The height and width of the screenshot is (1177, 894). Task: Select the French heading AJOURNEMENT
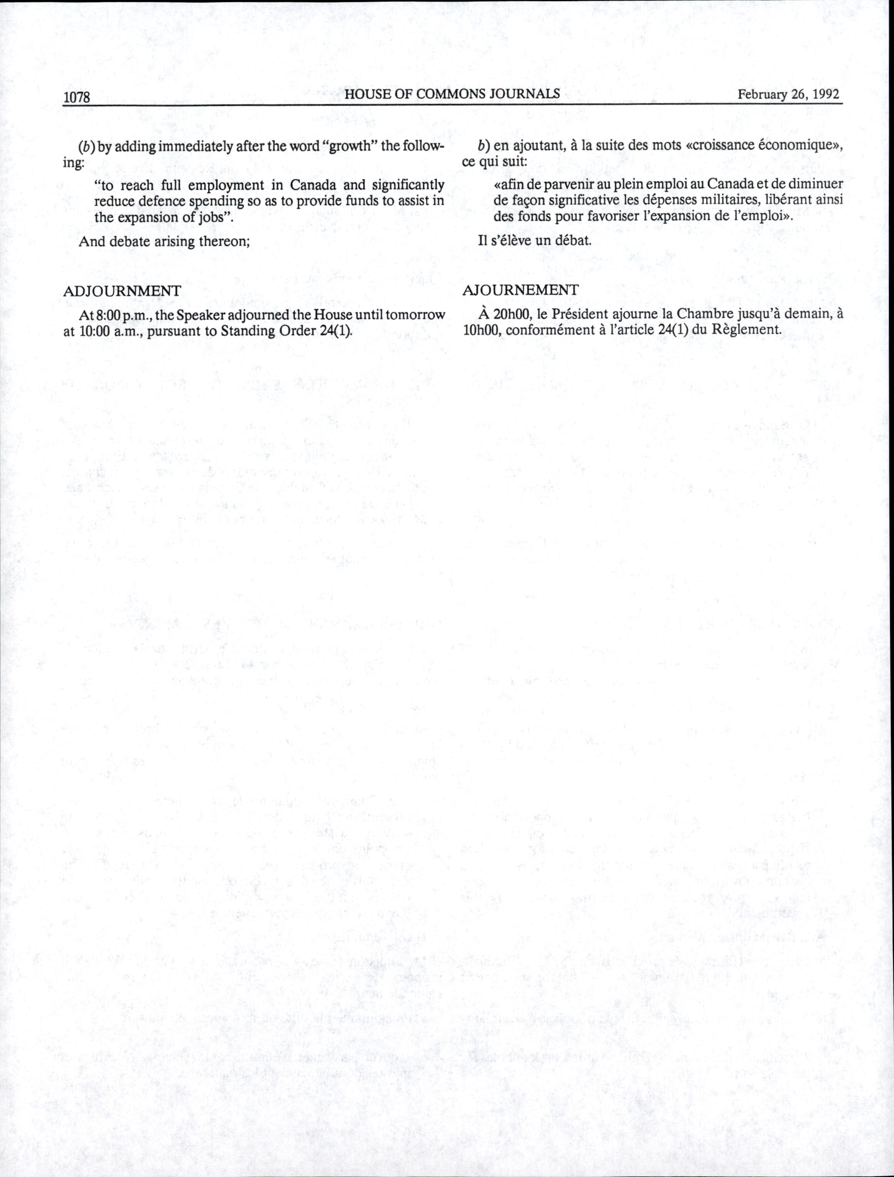[x=520, y=290]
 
